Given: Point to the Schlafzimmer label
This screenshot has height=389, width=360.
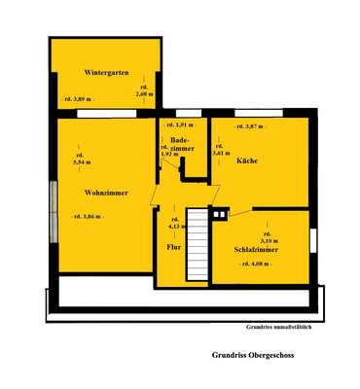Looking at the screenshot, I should coord(257,249).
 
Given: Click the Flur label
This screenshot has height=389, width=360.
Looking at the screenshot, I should coord(174,248).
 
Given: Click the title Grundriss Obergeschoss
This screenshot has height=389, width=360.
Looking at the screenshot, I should coord(254,354).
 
